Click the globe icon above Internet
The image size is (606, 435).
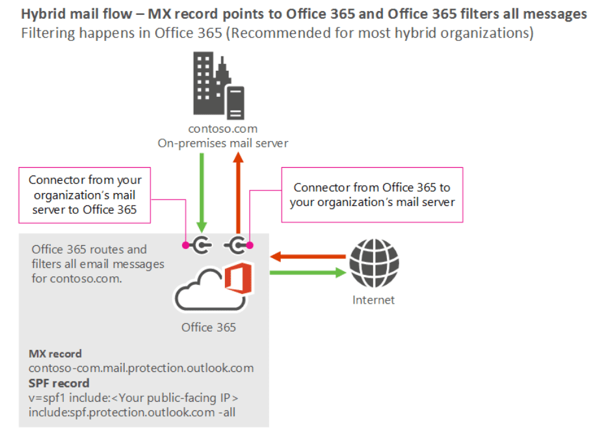[x=374, y=263]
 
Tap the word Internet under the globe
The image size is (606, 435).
[x=373, y=300]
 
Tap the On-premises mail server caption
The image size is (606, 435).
[x=222, y=143]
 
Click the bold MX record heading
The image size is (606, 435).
[x=55, y=354]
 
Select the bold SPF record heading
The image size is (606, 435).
[x=59, y=382]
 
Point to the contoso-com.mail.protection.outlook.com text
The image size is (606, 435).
[x=141, y=368]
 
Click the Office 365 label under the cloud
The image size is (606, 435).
[x=209, y=327]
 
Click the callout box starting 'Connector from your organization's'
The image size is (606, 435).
[x=85, y=194]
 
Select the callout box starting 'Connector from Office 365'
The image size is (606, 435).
[x=372, y=195]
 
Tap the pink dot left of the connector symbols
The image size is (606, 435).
[x=186, y=245]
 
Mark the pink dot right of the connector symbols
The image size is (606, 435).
[x=249, y=245]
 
